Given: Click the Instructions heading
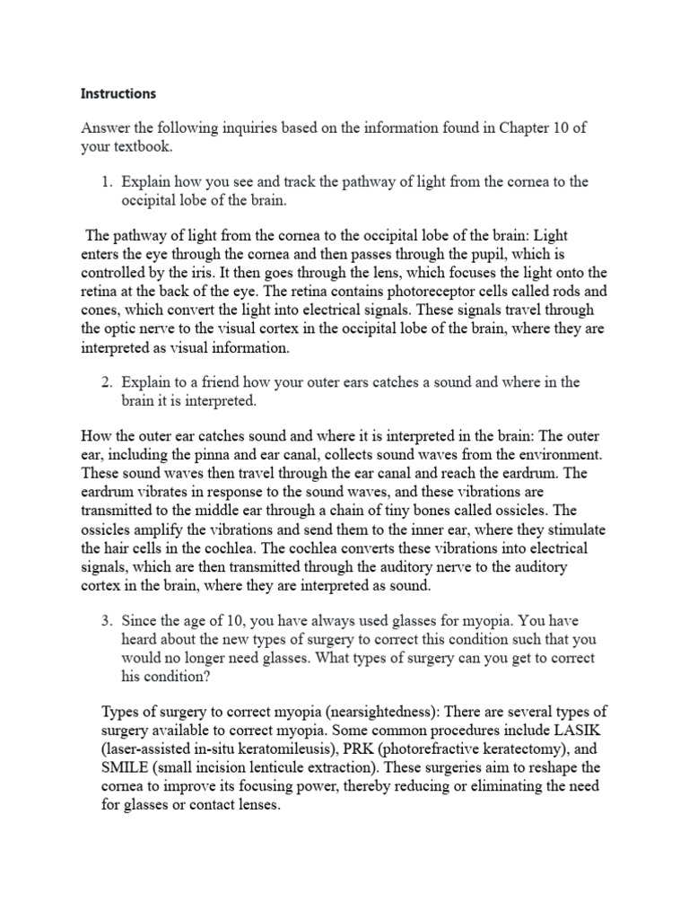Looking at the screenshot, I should (118, 93).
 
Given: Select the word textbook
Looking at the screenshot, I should (142, 145).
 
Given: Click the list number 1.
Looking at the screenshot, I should (106, 181).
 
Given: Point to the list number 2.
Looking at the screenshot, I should (106, 382).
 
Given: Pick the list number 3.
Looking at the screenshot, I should (106, 619).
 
